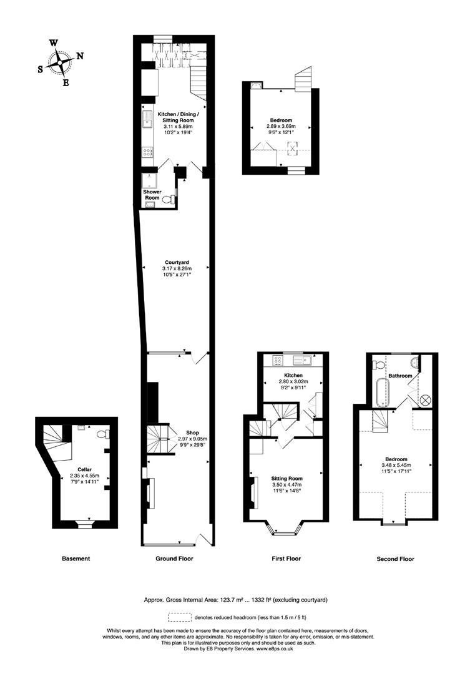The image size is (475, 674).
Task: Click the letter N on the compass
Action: point(79,56)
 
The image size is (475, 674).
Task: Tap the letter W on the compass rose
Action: point(54,43)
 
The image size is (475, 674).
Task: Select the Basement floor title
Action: point(76,559)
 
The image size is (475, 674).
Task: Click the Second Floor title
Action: point(395,559)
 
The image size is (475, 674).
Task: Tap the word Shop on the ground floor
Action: point(192,432)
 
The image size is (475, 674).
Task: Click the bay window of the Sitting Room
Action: point(285,530)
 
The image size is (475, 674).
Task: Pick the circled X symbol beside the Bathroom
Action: point(426,400)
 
